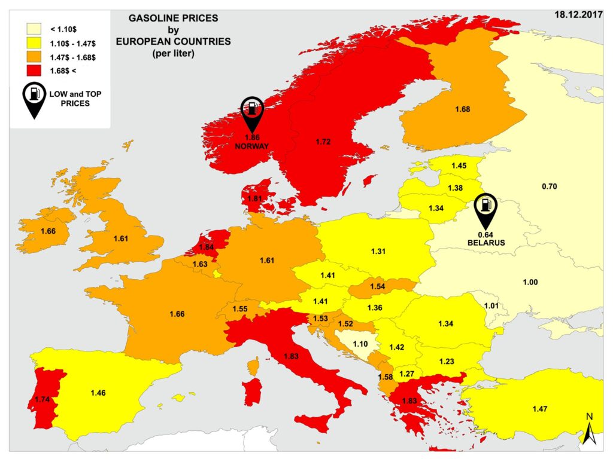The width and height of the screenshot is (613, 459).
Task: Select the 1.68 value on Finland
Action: click(x=462, y=109)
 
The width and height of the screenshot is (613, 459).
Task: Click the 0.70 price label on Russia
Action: click(x=549, y=186)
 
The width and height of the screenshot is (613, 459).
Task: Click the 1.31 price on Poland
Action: click(x=378, y=250)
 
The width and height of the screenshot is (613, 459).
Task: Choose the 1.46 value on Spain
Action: click(x=98, y=393)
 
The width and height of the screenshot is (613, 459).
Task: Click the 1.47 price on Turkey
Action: click(x=540, y=408)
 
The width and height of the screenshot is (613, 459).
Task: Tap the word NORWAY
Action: click(x=252, y=146)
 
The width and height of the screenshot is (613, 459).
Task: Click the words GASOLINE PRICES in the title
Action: click(x=174, y=19)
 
